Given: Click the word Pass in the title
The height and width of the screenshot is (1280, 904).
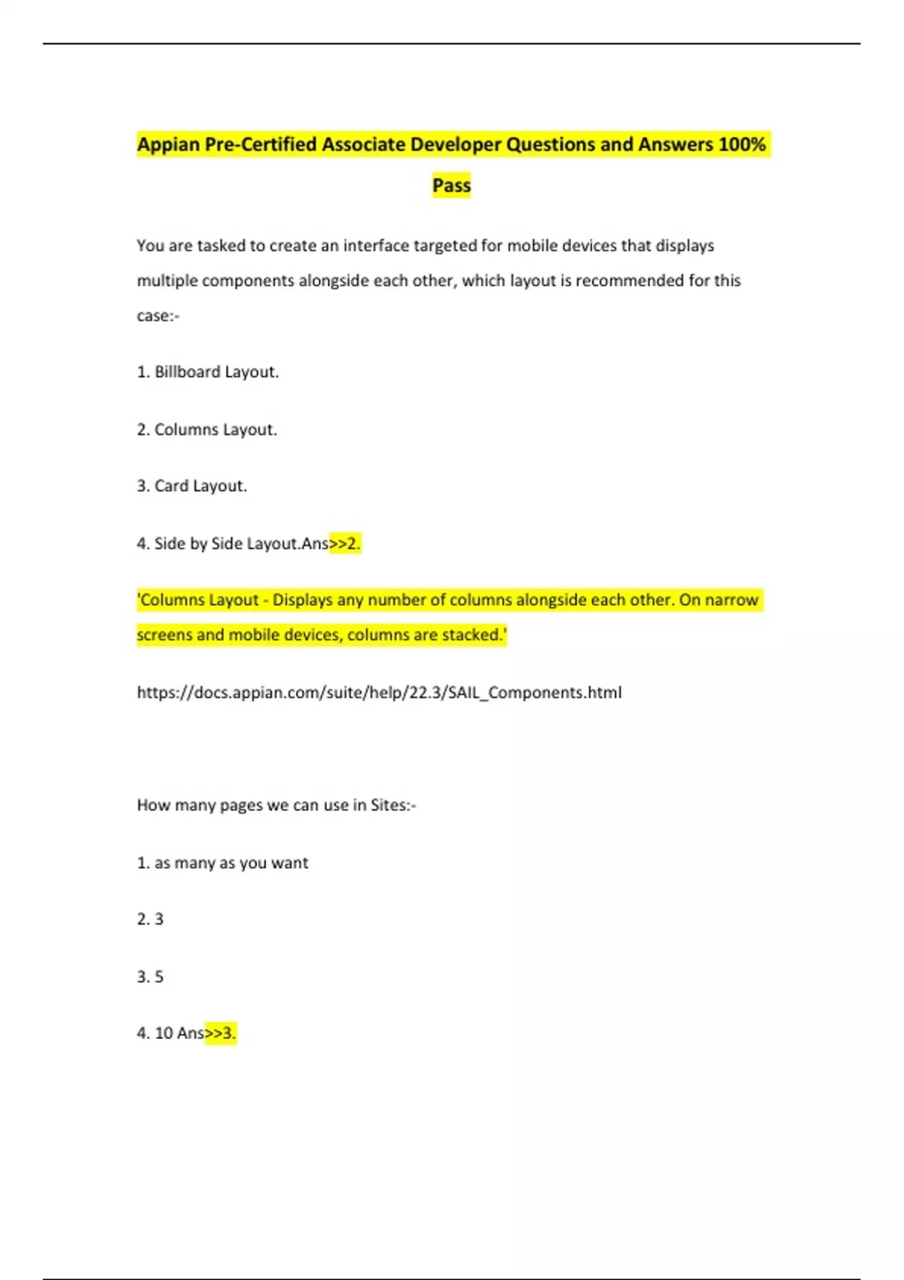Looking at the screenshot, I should [451, 185].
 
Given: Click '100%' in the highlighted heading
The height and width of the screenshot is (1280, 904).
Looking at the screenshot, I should [742, 144].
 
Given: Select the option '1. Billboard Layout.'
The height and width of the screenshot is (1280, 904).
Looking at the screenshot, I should [208, 372].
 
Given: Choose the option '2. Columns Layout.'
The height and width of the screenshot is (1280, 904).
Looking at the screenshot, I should [207, 429].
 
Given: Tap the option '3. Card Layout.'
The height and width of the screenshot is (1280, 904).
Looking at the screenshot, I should [192, 486].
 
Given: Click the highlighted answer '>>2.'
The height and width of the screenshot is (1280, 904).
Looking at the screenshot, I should [345, 544].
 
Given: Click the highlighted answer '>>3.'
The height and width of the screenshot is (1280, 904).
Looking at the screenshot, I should [221, 1033].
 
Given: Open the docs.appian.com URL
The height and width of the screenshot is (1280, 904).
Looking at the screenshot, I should [379, 693].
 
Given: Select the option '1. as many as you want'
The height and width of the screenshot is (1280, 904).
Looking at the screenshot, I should [222, 863].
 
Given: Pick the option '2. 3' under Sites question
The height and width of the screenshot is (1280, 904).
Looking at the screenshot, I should [150, 919].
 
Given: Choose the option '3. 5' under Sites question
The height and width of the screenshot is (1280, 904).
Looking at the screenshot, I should [150, 977].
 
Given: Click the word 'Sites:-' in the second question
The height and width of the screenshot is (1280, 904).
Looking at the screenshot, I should [392, 805].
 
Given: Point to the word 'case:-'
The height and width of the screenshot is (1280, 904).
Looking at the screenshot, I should [158, 316].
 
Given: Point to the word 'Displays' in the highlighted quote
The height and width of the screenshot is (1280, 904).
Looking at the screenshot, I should [302, 600].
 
